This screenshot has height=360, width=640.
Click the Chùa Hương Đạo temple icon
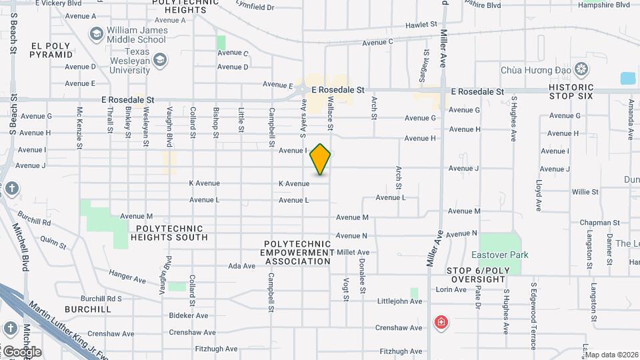click(583, 69)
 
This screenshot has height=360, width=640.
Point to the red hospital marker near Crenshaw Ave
click(441, 323)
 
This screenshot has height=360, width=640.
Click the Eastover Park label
click(499, 255)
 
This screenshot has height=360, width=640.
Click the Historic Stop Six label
click(571, 92)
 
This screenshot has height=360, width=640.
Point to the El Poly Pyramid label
click(51, 50)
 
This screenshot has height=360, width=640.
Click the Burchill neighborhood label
click(88, 309)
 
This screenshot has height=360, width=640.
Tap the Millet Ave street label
click(353, 253)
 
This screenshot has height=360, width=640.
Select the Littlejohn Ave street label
click(400, 301)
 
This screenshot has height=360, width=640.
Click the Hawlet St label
click(421, 25)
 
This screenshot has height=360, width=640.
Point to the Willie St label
click(585, 192)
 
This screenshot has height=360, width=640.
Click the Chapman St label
click(600, 223)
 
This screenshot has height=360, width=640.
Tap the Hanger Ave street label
click(127, 273)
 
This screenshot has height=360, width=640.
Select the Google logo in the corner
click(22, 352)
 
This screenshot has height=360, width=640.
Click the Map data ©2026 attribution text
click(611, 355)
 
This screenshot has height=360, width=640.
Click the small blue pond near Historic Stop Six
click(628, 78)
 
